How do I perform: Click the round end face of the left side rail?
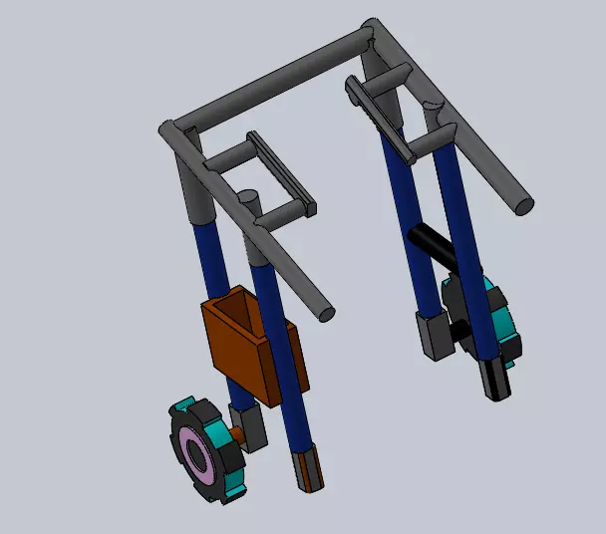point(324,313)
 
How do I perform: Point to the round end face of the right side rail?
point(523,205)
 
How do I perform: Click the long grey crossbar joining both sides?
point(269,81)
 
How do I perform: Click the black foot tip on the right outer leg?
point(498,380)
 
